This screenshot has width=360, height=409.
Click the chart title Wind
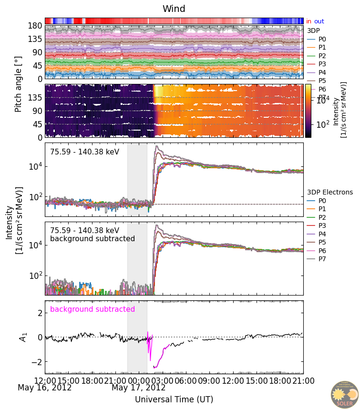click(174, 9)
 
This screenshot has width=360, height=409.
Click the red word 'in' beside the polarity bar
click(309, 21)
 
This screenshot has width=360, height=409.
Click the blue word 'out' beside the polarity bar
click(319, 21)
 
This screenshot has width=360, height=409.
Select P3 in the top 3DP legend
click(322, 64)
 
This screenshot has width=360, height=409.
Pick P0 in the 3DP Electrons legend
click(322, 201)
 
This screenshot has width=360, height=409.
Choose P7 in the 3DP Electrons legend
click(322, 259)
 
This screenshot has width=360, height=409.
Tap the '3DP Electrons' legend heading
click(329, 192)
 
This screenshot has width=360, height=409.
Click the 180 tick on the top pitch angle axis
click(36, 26)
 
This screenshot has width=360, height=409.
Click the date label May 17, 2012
click(138, 388)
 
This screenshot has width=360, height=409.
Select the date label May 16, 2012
click(45, 388)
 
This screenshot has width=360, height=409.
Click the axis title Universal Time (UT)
click(174, 399)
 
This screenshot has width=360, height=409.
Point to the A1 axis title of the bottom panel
click(22, 337)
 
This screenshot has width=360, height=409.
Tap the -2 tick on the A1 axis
click(38, 362)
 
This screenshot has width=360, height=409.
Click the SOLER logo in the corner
click(345, 394)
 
